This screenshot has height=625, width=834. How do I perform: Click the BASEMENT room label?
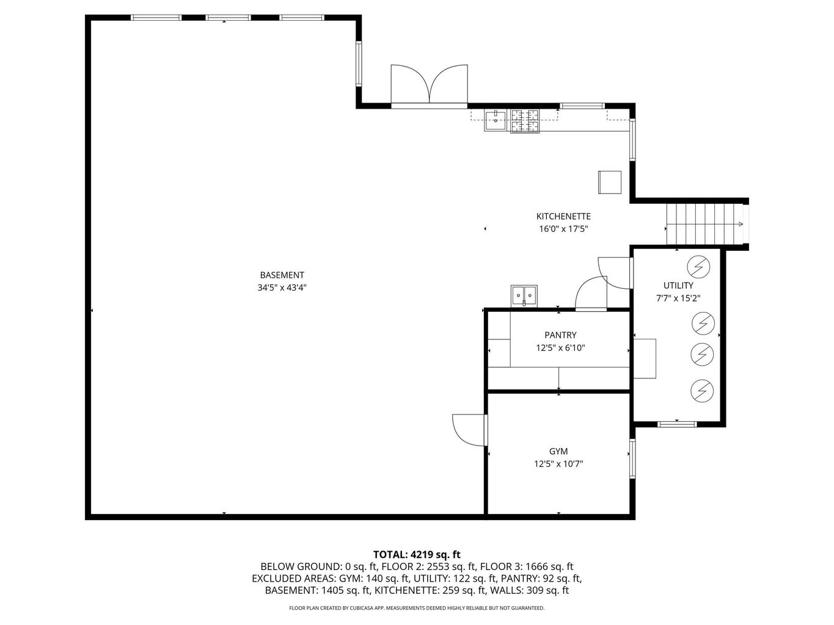tap(282, 275)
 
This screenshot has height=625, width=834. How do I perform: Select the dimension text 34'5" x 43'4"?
tap(282, 287)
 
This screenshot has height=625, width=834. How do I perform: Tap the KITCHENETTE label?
tap(563, 217)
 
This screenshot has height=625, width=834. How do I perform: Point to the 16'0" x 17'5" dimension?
tap(563, 229)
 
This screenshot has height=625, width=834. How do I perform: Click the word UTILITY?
tap(678, 286)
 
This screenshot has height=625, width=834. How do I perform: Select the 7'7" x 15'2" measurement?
tap(678, 298)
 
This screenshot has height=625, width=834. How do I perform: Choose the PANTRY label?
tap(560, 335)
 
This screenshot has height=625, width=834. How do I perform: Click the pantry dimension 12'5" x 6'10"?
tap(560, 348)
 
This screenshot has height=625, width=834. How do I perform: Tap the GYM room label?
tap(558, 452)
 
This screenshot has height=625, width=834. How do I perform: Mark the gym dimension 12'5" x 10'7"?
tap(558, 464)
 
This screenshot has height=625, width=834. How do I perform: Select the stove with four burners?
tap(525, 120)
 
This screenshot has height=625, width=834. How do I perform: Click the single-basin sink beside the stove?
tap(496, 120)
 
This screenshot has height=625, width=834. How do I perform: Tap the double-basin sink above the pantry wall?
tap(524, 295)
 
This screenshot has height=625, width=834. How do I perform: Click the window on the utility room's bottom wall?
tap(677, 424)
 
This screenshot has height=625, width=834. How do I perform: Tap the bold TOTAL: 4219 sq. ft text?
tap(417, 555)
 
